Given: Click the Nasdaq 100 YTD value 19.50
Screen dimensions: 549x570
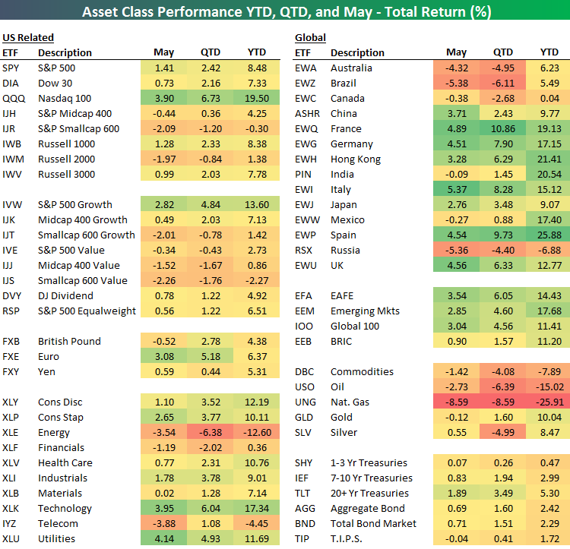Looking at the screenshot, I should click(x=257, y=98).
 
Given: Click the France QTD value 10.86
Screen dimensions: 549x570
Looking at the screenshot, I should click(x=503, y=128).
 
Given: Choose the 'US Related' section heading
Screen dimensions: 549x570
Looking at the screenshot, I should click(x=28, y=37).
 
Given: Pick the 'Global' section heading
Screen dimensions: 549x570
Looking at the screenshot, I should click(x=310, y=37).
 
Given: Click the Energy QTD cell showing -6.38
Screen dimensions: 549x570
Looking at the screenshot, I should click(x=211, y=432).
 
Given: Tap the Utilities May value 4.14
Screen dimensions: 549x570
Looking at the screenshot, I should click(x=163, y=538).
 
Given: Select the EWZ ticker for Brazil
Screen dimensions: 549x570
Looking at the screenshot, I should click(x=306, y=83).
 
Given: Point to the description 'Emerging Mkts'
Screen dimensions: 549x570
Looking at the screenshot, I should click(x=364, y=311).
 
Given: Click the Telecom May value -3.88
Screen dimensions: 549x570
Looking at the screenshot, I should click(x=163, y=523).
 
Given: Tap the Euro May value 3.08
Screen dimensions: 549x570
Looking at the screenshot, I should click(x=163, y=356).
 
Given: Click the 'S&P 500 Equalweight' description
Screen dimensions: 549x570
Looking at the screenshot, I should click(x=87, y=311).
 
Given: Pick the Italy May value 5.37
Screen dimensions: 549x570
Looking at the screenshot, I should click(x=457, y=189).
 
